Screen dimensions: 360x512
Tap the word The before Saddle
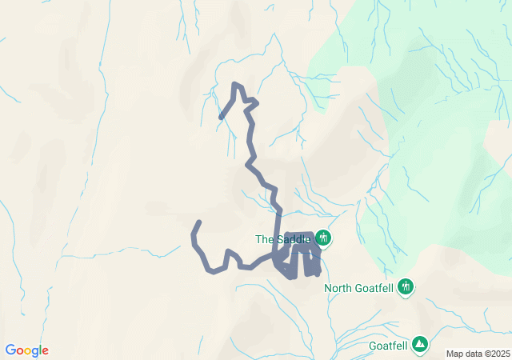(265, 238)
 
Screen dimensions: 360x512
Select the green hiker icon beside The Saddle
(323, 238)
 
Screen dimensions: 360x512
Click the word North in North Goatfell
(339, 288)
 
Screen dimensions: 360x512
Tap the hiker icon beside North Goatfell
(406, 286)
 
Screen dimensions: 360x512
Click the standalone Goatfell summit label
(388, 346)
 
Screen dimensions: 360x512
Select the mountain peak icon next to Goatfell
(420, 345)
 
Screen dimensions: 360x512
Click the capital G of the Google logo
(10, 350)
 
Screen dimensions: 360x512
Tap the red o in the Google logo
(20, 351)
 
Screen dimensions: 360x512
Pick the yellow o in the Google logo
(28, 351)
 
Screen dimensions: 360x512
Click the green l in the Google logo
(41, 350)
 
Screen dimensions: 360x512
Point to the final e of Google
(46, 351)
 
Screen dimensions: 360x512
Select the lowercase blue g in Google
(35, 352)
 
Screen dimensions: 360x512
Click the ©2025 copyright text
(497, 354)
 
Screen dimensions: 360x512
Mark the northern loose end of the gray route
(222, 118)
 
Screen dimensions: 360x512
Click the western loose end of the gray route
(199, 222)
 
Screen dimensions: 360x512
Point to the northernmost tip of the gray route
(235, 84)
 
